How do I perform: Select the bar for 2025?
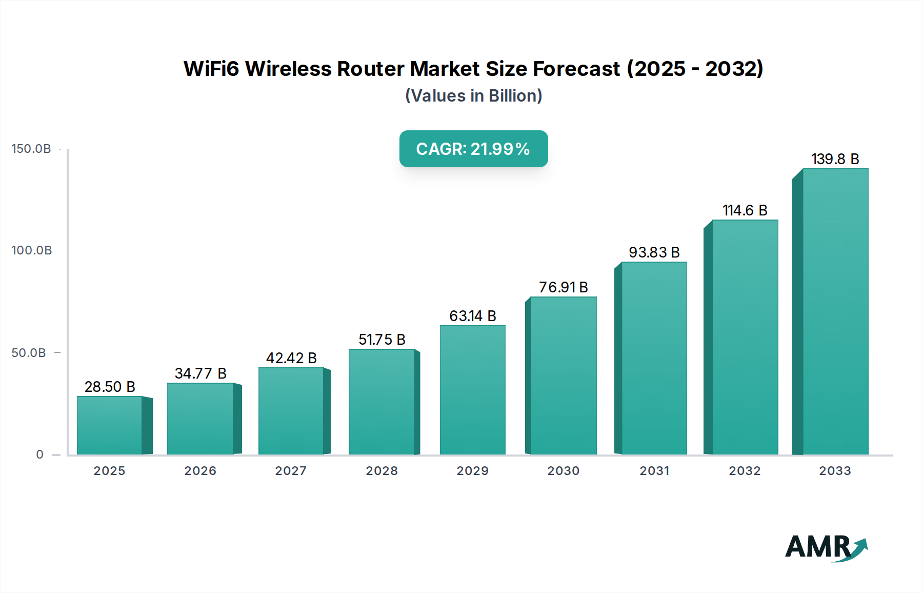point(110,425)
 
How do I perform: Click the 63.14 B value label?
point(473,316)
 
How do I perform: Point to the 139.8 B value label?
point(835,159)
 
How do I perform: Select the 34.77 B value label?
point(200,373)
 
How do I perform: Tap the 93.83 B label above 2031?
point(654,252)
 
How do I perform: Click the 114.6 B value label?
point(745,210)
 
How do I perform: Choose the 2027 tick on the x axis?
point(291,471)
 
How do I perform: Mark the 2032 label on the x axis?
point(745,471)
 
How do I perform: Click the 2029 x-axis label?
point(473,471)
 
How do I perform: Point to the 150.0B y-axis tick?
point(31,149)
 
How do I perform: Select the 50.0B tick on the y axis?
point(29,353)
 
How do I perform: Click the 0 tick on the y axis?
point(40,454)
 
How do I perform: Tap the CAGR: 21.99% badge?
point(473,149)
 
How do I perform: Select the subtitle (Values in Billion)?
point(473,96)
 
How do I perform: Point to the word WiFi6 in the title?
point(211,69)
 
